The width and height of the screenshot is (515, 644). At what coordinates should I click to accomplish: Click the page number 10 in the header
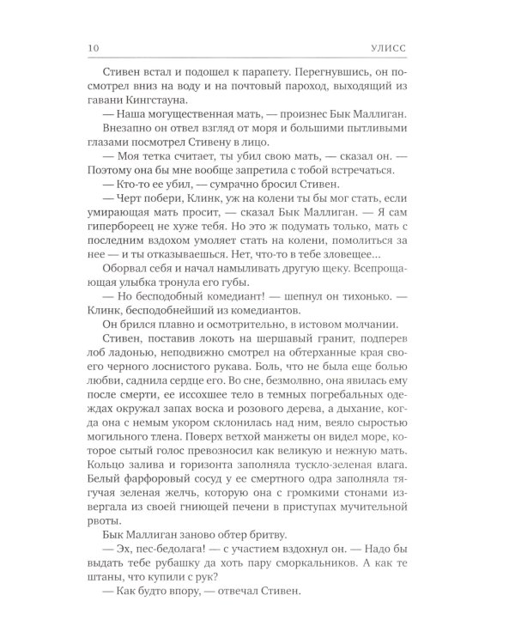[x=94, y=46]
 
